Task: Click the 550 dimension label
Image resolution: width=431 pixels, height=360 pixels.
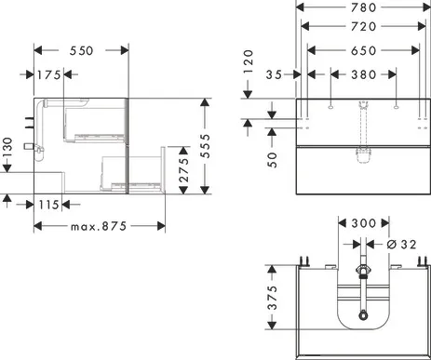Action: [x=81, y=50]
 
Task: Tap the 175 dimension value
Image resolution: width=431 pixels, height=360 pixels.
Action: [x=49, y=74]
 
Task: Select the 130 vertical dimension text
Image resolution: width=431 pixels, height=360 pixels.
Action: [x=7, y=147]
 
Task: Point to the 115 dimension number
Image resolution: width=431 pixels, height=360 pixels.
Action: [x=49, y=205]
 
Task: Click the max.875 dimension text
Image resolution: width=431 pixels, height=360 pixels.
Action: [x=99, y=226]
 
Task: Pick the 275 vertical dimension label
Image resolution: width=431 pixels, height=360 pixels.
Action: [x=184, y=170]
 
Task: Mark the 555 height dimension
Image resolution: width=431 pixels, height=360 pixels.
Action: [x=205, y=146]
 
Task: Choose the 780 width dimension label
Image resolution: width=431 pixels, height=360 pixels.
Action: [x=364, y=7]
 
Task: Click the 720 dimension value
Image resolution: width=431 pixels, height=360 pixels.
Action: [x=364, y=26]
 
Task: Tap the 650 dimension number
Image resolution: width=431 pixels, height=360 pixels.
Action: [x=364, y=50]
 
